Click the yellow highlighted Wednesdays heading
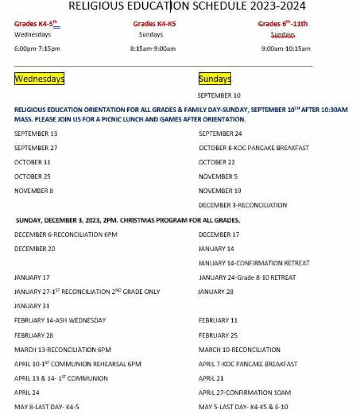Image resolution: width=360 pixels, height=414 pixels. [39, 79]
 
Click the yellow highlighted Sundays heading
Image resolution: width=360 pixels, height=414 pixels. [214, 79]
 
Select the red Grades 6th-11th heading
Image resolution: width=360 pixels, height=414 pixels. [282, 24]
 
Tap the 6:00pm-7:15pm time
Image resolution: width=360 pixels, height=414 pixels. [37, 49]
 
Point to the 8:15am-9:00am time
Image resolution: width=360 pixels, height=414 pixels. [153, 49]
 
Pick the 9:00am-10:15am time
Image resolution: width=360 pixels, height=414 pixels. [286, 49]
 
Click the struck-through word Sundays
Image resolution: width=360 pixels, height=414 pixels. [282, 34]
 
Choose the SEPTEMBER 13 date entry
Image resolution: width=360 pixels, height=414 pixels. [36, 134]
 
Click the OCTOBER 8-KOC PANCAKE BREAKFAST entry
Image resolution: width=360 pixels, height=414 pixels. [254, 148]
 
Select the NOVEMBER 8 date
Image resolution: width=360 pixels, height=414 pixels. [34, 191]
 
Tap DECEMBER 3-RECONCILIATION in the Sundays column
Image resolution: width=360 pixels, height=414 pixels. [243, 205]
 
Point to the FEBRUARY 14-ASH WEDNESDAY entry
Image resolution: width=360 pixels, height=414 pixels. [60, 320]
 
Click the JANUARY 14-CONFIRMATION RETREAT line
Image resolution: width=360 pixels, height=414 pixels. [254, 263]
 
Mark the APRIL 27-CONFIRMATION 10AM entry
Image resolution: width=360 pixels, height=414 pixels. [245, 392]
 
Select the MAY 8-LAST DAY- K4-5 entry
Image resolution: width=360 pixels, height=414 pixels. [47, 407]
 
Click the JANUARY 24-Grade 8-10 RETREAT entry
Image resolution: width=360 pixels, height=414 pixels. [247, 278]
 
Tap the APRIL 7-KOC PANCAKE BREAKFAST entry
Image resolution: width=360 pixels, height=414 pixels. [248, 364]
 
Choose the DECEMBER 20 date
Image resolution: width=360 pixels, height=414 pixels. [34, 249]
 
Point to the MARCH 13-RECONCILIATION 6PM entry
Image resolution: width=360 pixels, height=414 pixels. [63, 350]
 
